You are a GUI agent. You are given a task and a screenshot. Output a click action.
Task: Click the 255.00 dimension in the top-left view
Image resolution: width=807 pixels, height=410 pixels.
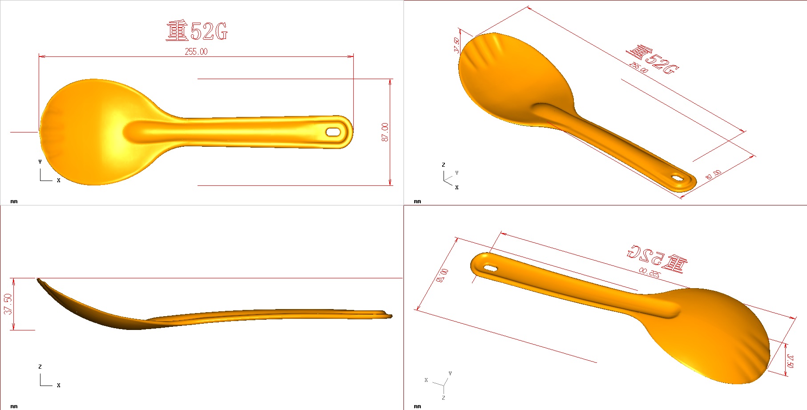pos(196,52)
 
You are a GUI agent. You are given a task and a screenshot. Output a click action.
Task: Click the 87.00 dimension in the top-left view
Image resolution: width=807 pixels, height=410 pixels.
pos(385,132)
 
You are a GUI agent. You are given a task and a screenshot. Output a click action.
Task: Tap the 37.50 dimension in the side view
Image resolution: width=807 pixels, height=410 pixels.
pos(8,304)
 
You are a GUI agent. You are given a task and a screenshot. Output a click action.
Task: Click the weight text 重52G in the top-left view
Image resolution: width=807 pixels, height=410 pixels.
pos(197,31)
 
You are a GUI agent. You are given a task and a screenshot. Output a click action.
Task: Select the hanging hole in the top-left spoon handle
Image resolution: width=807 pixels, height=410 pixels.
pos(333,132)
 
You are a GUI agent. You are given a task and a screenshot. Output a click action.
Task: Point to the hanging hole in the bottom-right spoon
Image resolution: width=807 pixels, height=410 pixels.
pos(490,268)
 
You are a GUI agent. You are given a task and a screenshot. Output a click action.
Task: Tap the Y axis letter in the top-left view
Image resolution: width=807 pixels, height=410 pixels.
pos(40,162)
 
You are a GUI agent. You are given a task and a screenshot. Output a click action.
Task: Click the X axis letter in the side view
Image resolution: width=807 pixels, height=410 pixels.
pos(58,385)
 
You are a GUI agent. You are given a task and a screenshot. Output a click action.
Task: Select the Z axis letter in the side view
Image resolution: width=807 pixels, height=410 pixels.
pos(40,367)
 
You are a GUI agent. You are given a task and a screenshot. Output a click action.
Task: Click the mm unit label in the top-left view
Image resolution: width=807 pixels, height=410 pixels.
pos(14,201)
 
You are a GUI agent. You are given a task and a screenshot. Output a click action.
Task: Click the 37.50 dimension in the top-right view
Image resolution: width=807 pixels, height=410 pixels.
pos(457,45)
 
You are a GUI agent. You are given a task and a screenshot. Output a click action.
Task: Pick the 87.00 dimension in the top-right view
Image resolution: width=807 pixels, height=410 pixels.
pos(714,175)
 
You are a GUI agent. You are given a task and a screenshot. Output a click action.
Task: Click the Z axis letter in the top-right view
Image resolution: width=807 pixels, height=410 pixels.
pos(443,165)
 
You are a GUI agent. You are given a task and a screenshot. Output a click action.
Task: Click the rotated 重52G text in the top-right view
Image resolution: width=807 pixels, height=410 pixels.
pos(652,60)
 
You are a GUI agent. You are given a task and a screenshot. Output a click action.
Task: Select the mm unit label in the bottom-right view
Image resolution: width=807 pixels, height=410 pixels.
pos(417,406)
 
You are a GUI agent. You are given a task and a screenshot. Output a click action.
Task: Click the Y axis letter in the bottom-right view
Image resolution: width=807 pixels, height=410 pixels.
pos(450,373)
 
